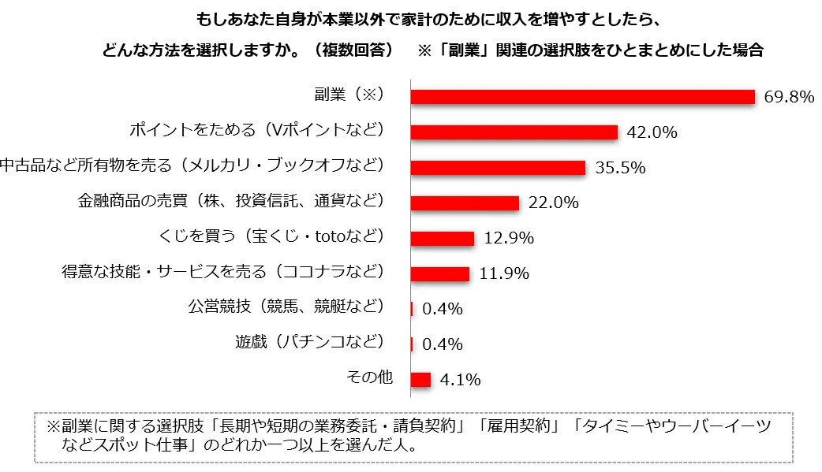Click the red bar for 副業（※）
tap(583, 96)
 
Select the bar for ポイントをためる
tap(514, 132)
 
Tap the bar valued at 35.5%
tap(498, 167)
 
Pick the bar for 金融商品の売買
tap(465, 203)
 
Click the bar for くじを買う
tap(443, 238)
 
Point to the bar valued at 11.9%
tap(440, 273)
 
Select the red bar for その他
tap(420, 380)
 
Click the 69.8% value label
tap(788, 97)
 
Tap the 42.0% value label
tap(652, 132)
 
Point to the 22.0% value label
tap(553, 203)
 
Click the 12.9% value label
tap(508, 238)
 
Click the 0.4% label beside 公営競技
tap(442, 309)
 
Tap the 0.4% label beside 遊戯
tap(442, 344)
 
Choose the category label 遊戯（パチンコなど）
tap(309, 341)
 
